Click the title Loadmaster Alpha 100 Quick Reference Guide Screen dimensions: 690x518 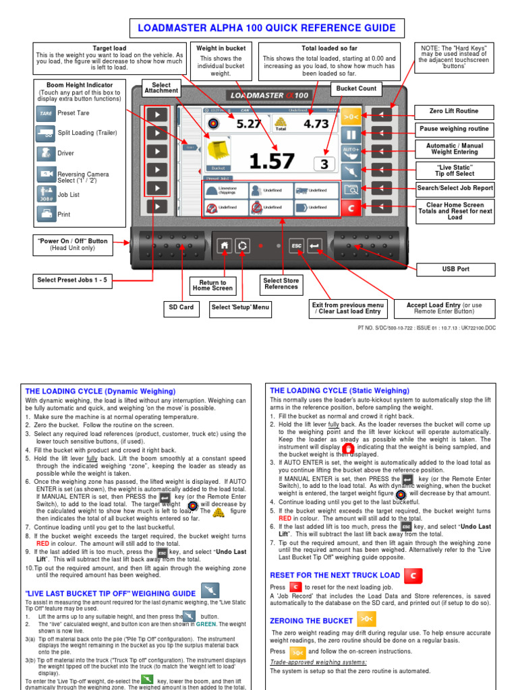[266, 28]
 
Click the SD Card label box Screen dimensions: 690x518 [181, 307]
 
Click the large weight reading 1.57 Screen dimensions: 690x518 [271, 161]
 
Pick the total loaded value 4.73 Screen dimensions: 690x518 [316, 124]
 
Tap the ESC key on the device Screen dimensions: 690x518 [297, 246]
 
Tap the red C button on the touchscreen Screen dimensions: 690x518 [350, 208]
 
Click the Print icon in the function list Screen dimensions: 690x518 [45, 214]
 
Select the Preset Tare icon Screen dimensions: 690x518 [45, 113]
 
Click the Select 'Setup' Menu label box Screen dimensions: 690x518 [239, 307]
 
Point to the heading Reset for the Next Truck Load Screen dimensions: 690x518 [335, 575]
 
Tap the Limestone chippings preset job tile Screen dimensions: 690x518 [225, 191]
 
